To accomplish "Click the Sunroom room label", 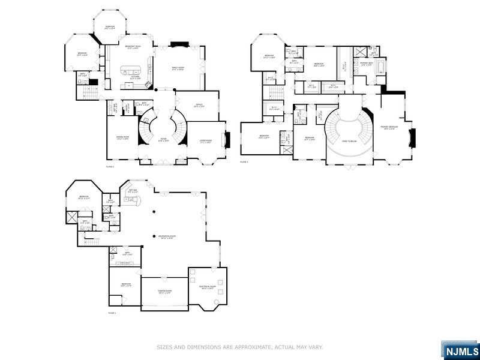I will pos(110,28).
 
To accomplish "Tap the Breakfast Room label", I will pos(133,47).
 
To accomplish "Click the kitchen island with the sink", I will pos(133,70).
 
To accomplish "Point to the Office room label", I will pos(199,106).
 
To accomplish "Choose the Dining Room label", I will pos(123,139).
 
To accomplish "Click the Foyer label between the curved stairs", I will pos(163,140).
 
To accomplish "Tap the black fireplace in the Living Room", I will pos(226,140).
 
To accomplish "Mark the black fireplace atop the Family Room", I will pos(179,44).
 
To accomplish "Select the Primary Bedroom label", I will pos(390,127).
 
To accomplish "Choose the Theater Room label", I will pos(164,293).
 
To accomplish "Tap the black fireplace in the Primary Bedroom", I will pos(412,137).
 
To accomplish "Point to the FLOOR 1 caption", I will pos(112,313).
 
